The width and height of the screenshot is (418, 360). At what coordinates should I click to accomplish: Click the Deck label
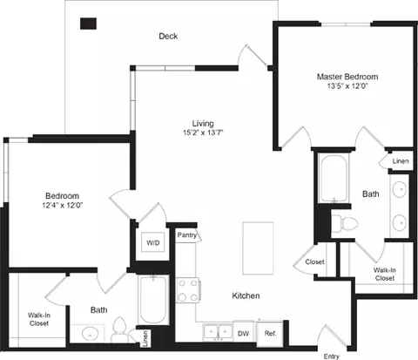click(x=168, y=37)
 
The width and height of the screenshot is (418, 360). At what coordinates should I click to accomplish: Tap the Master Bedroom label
click(x=347, y=77)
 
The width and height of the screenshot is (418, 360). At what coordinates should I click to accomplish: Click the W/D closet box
click(x=152, y=242)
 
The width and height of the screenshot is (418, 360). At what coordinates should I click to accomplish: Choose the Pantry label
click(x=186, y=235)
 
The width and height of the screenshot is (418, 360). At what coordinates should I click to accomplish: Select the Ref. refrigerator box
click(x=270, y=333)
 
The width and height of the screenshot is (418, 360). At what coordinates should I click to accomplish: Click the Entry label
click(x=332, y=356)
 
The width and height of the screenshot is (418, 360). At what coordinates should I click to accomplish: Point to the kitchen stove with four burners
click(x=189, y=289)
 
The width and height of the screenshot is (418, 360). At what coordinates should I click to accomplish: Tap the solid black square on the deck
click(x=88, y=24)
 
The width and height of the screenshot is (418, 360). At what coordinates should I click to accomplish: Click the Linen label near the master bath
click(x=400, y=161)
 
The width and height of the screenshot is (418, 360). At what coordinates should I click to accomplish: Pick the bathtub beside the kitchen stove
click(x=152, y=301)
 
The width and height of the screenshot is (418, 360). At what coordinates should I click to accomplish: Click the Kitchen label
click(x=245, y=296)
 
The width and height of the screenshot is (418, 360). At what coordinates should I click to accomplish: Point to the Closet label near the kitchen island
click(x=313, y=262)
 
